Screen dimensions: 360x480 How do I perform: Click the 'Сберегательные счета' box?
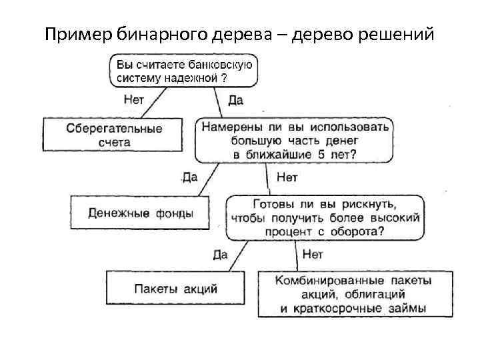pos(113,133)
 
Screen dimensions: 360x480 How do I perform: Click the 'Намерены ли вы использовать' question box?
pos(294,139)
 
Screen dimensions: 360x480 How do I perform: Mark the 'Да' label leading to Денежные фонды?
pos(189,177)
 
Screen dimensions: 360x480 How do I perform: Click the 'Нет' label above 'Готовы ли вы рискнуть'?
pos(287,178)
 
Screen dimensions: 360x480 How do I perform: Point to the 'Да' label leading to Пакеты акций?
pos(221,254)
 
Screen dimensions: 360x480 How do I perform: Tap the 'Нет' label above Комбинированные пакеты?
pos(313,254)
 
